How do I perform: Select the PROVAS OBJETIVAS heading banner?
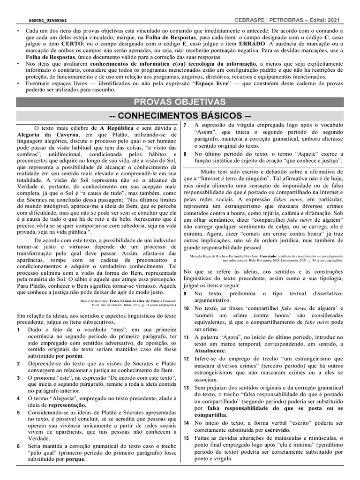click(x=180, y=102)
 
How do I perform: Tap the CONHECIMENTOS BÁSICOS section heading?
click(x=180, y=115)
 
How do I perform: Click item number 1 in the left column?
click(x=18, y=330)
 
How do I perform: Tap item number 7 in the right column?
click(x=185, y=125)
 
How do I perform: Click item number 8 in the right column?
click(x=185, y=153)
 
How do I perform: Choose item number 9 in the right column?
click(x=185, y=293)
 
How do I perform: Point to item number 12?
click(x=186, y=359)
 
